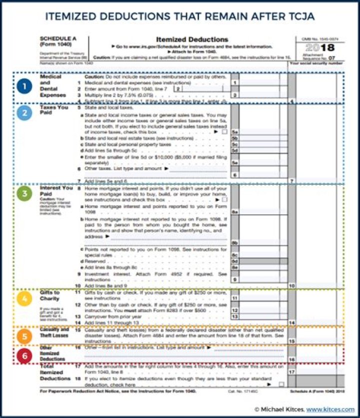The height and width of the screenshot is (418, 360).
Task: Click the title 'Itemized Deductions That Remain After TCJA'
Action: coord(179,17)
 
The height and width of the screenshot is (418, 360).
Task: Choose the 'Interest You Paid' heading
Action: coord(56,191)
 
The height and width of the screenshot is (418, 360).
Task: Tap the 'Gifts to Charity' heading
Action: coord(50,295)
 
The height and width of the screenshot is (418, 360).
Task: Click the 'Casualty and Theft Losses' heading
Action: coord(54,333)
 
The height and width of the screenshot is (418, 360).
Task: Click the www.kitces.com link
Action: coord(330,409)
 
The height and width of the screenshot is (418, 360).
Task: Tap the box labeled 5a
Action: coord(235,132)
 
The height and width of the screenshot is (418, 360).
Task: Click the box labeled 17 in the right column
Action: coord(292,372)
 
